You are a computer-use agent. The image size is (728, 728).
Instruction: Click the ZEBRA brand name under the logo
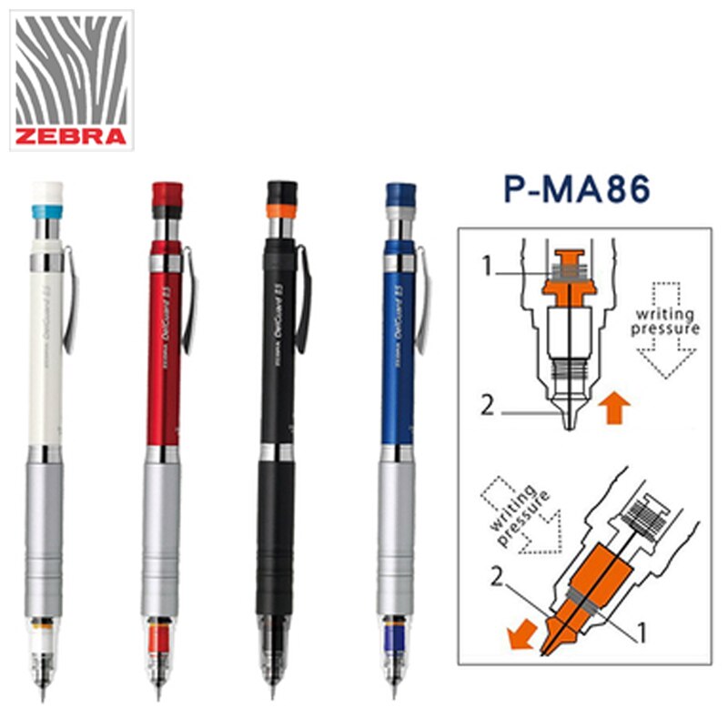[x=72, y=137]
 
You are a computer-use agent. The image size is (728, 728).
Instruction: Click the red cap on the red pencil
[x=167, y=193]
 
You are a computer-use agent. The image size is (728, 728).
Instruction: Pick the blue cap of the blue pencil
[x=400, y=195]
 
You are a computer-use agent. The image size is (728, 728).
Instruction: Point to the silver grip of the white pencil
[x=45, y=537]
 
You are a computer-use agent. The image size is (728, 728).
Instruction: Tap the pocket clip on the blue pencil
[x=423, y=300]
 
